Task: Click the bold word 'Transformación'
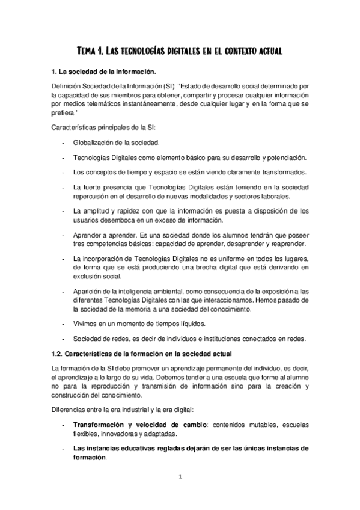(100, 425)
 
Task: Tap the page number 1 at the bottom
(179, 478)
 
